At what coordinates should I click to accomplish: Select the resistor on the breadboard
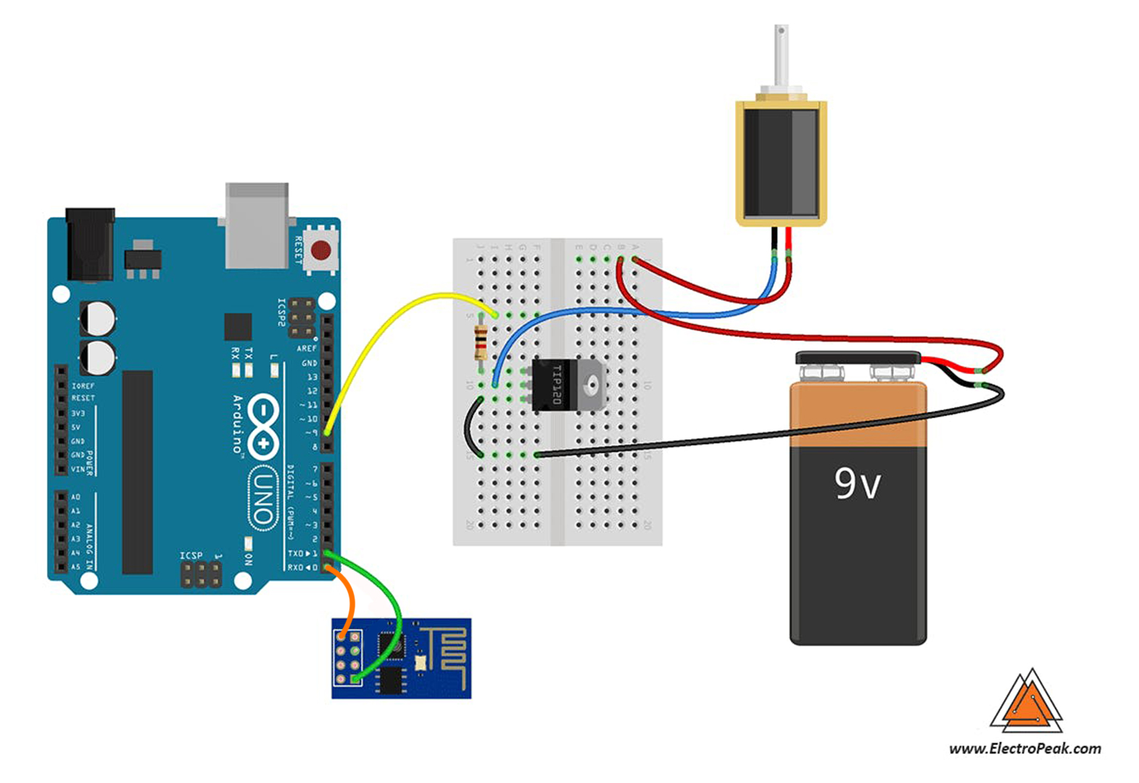pos(479,343)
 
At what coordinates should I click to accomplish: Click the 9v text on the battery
pos(857,484)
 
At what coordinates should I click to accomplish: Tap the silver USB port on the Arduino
pos(257,225)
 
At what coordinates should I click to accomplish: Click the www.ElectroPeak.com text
pos(1024,748)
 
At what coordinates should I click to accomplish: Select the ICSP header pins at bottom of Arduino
pos(201,575)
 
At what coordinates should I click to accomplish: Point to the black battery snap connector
pos(857,357)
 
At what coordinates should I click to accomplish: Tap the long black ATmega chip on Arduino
pos(137,471)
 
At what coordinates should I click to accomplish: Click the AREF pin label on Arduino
pos(307,349)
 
